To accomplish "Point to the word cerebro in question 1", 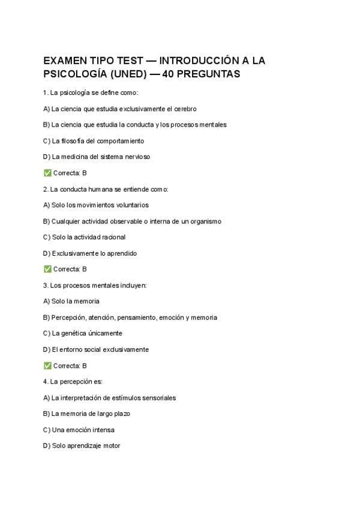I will (184, 109).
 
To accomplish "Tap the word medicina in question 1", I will (77, 157).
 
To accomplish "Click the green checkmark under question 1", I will (47, 173).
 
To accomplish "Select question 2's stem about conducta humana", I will (106, 189).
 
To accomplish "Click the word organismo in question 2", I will (204, 221).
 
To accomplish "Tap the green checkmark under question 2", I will (47, 270).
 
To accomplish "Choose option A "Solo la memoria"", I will (71, 301).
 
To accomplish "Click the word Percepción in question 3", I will (68, 318).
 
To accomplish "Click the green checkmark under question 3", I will (47, 366).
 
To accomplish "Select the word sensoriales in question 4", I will (158, 398).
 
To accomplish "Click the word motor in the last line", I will (112, 446).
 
